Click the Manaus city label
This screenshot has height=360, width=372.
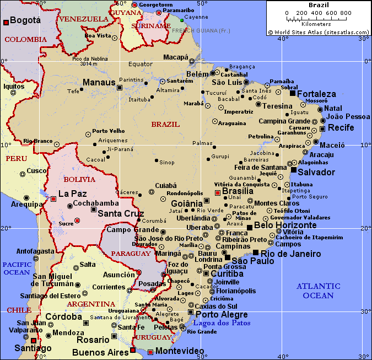(x=99, y=83)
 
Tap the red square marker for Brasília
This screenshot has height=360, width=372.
(x=218, y=192)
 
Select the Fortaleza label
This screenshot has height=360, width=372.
(x=316, y=94)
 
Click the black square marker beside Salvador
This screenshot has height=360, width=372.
(x=294, y=170)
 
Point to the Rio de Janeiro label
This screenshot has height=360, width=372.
(x=290, y=254)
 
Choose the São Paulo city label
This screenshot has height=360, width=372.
(x=252, y=261)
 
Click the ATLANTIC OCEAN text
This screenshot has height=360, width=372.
(x=318, y=291)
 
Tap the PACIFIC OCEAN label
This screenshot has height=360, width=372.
(x=16, y=268)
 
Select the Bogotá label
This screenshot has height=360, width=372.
(x=25, y=20)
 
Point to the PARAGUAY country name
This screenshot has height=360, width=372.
(x=130, y=254)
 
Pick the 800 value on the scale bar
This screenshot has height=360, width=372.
(x=346, y=13)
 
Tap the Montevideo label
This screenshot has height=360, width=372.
(x=180, y=351)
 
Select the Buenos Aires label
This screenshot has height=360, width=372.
(x=100, y=351)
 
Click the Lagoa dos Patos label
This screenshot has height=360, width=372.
(x=222, y=323)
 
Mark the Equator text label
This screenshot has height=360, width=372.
(x=140, y=64)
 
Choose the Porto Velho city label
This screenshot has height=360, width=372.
(x=109, y=131)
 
